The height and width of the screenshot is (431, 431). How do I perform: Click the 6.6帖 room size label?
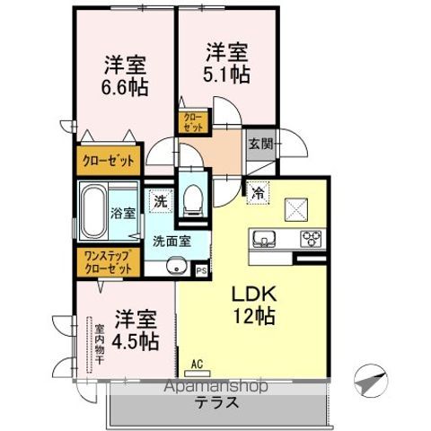click(x=126, y=87)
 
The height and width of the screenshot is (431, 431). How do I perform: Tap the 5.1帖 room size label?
click(x=226, y=75)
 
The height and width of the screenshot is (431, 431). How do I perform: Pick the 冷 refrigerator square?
click(x=258, y=193)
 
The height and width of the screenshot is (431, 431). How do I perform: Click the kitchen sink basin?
click(x=264, y=239)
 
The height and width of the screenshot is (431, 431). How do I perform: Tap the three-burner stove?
click(x=311, y=239)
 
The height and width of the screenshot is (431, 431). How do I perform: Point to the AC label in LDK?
click(x=198, y=365)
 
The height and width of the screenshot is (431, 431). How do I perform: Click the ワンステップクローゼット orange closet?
click(x=106, y=262)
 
